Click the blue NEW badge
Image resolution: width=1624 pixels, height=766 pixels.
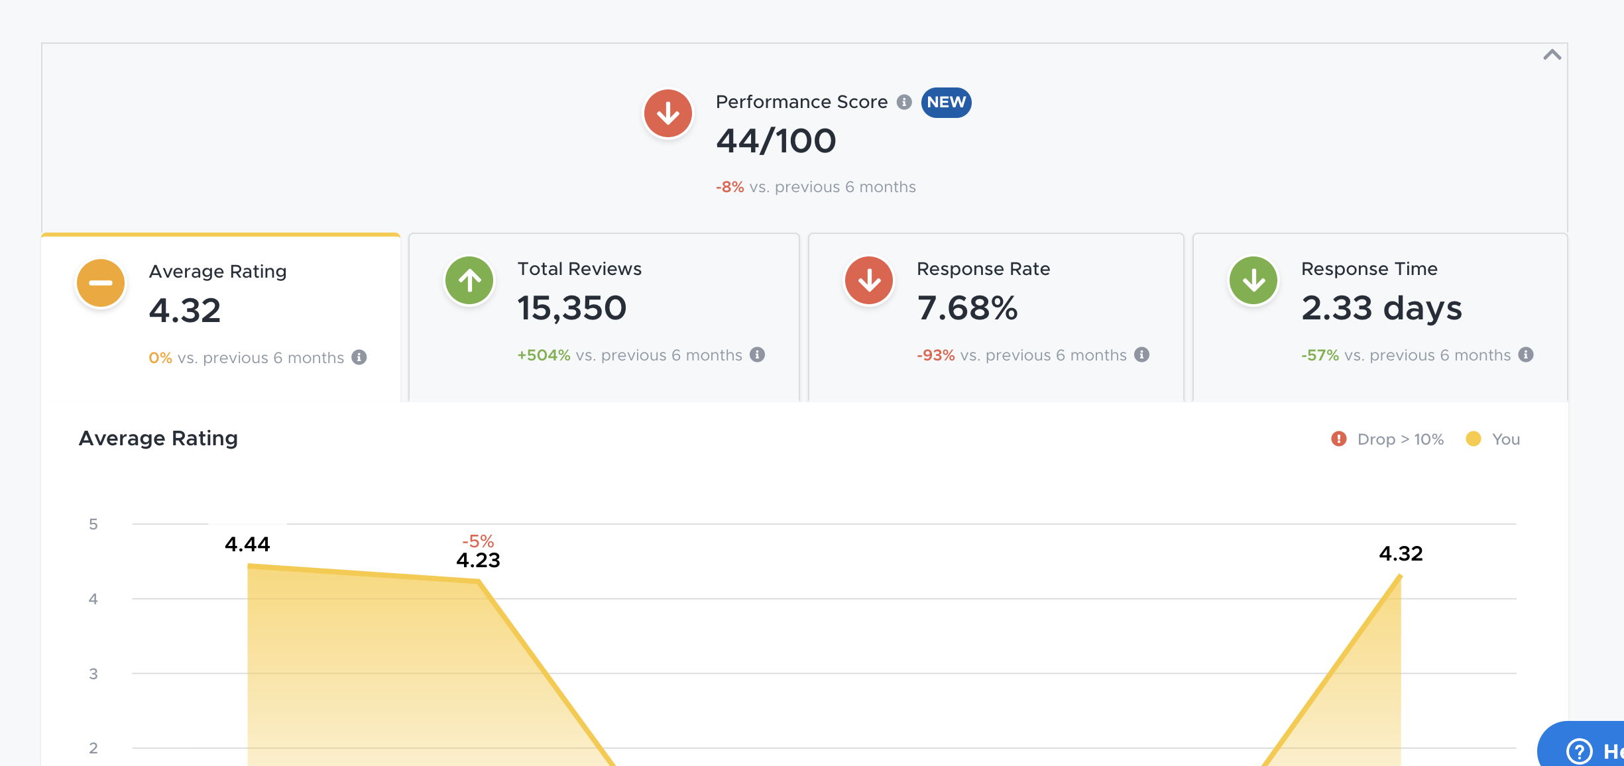[946, 102]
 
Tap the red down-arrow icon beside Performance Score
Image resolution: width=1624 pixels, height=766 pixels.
[668, 113]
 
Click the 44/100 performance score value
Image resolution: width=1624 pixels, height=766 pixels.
[776, 141]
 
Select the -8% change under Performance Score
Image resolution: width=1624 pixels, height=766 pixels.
[730, 187]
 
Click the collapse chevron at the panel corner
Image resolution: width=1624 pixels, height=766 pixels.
[1552, 55]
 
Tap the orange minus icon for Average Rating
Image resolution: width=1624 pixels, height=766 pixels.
[101, 283]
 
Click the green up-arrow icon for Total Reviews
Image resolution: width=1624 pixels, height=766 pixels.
[469, 280]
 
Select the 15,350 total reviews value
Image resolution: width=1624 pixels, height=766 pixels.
[571, 308]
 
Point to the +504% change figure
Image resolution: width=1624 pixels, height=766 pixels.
[544, 355]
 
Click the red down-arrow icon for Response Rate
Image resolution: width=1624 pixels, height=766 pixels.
[869, 280]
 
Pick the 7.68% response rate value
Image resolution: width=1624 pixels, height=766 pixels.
[967, 308]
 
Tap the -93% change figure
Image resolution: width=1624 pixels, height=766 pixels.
[935, 355]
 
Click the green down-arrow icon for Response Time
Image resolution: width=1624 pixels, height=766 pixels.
[1253, 280]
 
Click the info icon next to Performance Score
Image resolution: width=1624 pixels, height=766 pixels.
[904, 102]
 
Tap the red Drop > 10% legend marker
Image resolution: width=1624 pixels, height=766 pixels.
[1339, 439]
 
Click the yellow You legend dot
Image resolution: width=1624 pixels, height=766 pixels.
[1474, 439]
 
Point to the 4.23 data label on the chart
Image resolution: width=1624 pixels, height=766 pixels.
[478, 561]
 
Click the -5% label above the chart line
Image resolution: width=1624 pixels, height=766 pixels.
[478, 541]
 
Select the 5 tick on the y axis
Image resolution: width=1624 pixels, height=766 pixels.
[93, 524]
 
